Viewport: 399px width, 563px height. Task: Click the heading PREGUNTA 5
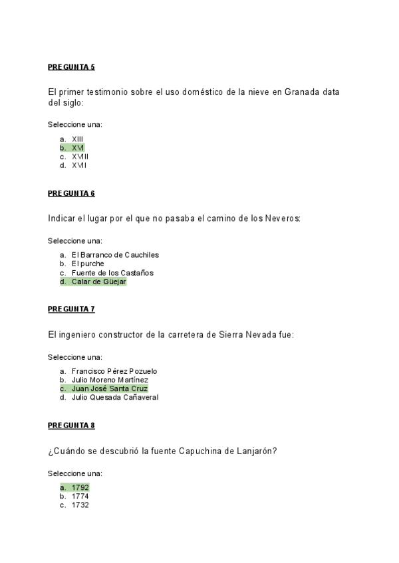[71, 67]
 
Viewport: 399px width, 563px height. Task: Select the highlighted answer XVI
[78, 148]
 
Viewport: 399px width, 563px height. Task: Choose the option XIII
[77, 139]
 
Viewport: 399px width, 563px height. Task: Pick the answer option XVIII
[80, 157]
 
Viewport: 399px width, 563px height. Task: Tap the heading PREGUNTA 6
[71, 193]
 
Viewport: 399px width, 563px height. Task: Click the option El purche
[88, 264]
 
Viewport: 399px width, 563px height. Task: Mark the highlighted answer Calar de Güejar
[98, 281]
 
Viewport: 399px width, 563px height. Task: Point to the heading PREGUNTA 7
[71, 309]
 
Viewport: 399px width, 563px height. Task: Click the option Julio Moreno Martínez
[110, 380]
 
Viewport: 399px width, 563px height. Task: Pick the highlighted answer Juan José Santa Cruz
[110, 388]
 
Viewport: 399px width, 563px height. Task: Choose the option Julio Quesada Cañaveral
[115, 398]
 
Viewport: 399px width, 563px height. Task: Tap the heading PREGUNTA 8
[71, 425]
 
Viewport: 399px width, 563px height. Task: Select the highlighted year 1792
[80, 487]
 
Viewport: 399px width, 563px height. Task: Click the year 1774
[80, 496]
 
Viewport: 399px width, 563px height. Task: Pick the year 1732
[80, 505]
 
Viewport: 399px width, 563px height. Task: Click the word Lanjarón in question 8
[256, 451]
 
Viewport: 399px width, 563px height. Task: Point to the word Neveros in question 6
[283, 218]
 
